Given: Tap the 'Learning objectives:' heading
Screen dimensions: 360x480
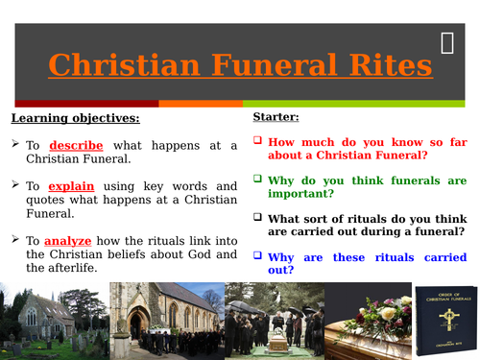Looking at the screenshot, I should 75,118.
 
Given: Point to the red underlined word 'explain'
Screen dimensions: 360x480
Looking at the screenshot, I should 72,185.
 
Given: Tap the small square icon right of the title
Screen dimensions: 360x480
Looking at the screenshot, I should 447,41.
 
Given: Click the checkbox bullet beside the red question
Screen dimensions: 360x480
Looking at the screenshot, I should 257,139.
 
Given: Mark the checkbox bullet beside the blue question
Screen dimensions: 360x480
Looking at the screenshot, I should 257,256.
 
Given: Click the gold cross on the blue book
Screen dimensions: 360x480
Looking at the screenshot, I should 446,331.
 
